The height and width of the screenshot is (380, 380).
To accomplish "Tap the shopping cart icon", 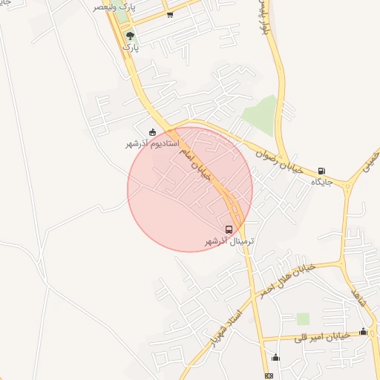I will coord(170,15).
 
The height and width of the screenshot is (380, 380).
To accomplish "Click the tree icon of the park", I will coord(131,35).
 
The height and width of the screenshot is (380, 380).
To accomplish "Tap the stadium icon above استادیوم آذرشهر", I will coord(153,132).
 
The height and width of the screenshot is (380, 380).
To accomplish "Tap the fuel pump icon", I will coord(321,171).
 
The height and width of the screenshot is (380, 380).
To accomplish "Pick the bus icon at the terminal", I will coord(229,229).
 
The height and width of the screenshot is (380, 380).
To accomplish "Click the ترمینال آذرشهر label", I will coord(229,241).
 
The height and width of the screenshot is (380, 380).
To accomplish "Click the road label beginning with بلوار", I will coord(262,19).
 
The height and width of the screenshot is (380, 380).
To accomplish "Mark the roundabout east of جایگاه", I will coord(347,185).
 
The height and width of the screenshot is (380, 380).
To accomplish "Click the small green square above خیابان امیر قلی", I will coord(302,318).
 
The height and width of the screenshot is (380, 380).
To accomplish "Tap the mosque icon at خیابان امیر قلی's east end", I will coord(363,331).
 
